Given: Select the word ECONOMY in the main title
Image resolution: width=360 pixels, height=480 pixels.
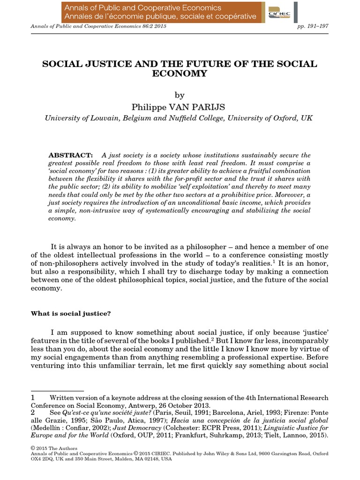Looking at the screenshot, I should (180, 74).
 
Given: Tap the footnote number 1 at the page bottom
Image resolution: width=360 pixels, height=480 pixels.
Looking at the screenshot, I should (33, 398).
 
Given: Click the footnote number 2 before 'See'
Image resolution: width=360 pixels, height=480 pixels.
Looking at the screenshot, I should (33, 413).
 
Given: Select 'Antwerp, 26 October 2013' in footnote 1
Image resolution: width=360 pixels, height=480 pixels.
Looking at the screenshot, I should (172, 405).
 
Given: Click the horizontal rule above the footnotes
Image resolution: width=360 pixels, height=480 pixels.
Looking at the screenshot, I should (57, 390).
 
